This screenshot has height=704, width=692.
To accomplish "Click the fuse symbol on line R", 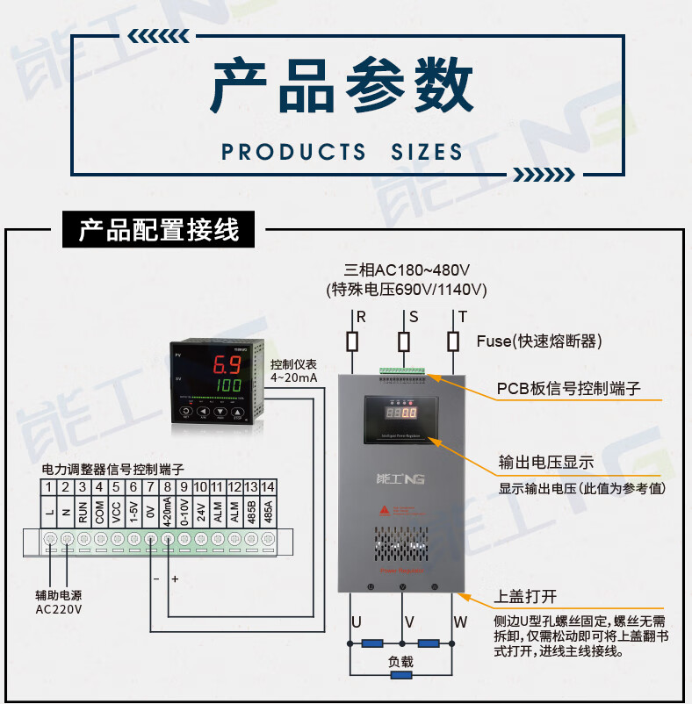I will [352, 341].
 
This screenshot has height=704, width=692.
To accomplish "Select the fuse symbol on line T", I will [454, 341].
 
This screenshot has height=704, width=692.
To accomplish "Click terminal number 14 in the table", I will [268, 486].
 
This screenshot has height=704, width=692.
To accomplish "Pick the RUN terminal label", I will [83, 512].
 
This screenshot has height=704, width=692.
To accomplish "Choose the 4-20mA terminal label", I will [167, 510].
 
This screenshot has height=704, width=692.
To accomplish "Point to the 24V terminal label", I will [200, 512].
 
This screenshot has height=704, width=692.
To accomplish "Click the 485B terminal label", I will [251, 510].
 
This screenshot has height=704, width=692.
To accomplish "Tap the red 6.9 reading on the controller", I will [227, 364].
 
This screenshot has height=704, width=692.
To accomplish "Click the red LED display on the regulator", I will [402, 411].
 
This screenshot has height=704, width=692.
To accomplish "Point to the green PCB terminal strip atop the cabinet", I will [403, 372].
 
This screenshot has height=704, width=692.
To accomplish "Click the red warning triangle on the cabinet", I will [383, 509].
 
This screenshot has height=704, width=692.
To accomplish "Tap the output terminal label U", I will [356, 622].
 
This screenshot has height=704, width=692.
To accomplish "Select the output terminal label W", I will [459, 622].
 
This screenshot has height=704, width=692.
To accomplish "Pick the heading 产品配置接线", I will [159, 231].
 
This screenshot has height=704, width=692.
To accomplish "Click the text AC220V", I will [59, 609].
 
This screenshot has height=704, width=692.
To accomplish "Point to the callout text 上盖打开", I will [527, 597].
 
